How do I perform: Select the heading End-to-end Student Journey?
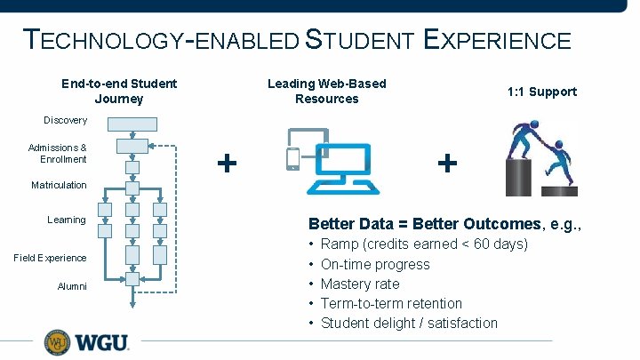tap(119, 91)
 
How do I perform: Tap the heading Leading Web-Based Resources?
tap(327, 91)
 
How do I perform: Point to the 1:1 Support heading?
tap(542, 92)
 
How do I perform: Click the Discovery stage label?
tap(66, 120)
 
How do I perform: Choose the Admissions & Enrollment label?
tap(58, 153)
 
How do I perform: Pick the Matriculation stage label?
tap(60, 185)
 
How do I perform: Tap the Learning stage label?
tap(67, 220)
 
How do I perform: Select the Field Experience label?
tap(51, 258)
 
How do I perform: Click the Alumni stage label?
tap(72, 286)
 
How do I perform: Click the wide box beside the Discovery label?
tap(132, 124)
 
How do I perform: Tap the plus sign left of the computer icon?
tap(228, 162)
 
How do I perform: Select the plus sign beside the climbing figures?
tap(448, 163)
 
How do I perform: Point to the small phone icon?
tap(293, 158)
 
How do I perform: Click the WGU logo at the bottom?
tap(86, 342)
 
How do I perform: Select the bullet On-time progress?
tap(374, 264)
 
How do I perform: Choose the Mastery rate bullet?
tap(360, 284)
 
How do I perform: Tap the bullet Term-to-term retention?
tap(391, 303)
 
